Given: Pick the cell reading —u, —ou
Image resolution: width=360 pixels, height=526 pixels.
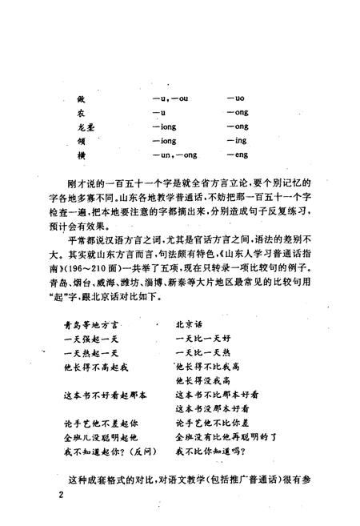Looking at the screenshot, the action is (169, 98).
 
